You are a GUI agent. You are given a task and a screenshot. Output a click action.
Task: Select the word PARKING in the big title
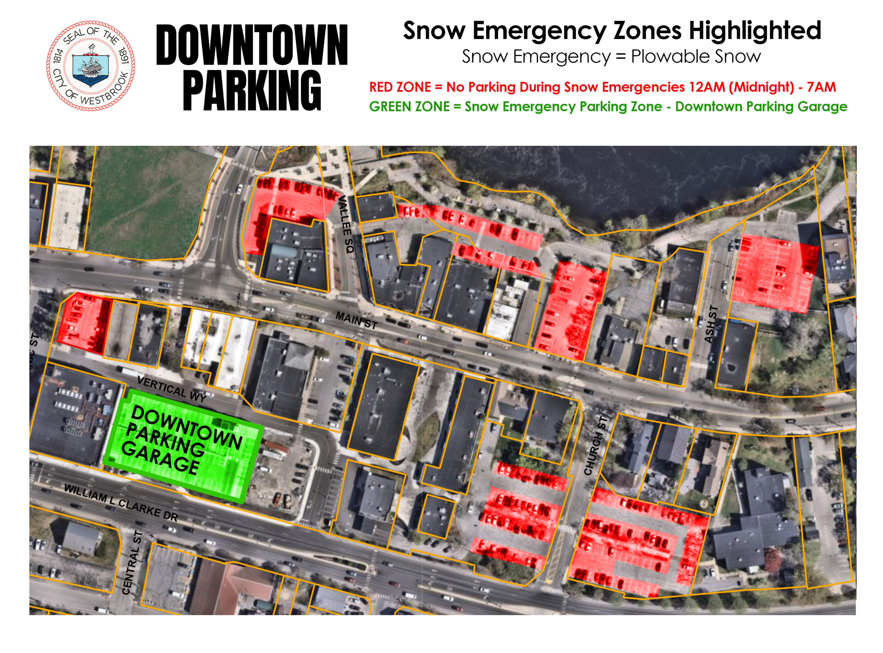[252, 91]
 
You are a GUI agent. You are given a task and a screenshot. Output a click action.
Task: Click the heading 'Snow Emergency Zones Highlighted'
[612, 31]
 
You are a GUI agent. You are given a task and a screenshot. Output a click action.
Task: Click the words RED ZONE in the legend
[400, 87]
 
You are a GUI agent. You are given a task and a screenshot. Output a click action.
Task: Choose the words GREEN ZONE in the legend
[409, 107]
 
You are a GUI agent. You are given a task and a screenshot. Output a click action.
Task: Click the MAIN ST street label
[356, 320]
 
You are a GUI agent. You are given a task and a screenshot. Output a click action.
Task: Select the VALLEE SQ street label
[345, 224]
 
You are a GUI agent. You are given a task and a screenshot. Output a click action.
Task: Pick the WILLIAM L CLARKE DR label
[121, 502]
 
